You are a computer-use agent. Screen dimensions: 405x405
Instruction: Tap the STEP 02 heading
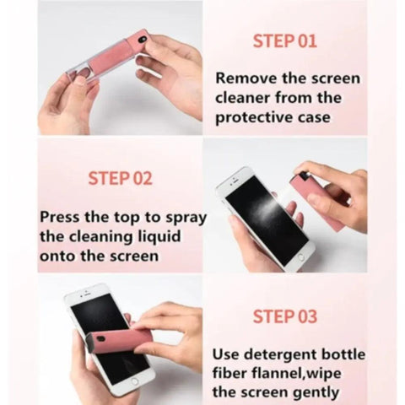(121, 178)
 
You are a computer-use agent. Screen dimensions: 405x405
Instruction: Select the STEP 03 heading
(284, 317)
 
